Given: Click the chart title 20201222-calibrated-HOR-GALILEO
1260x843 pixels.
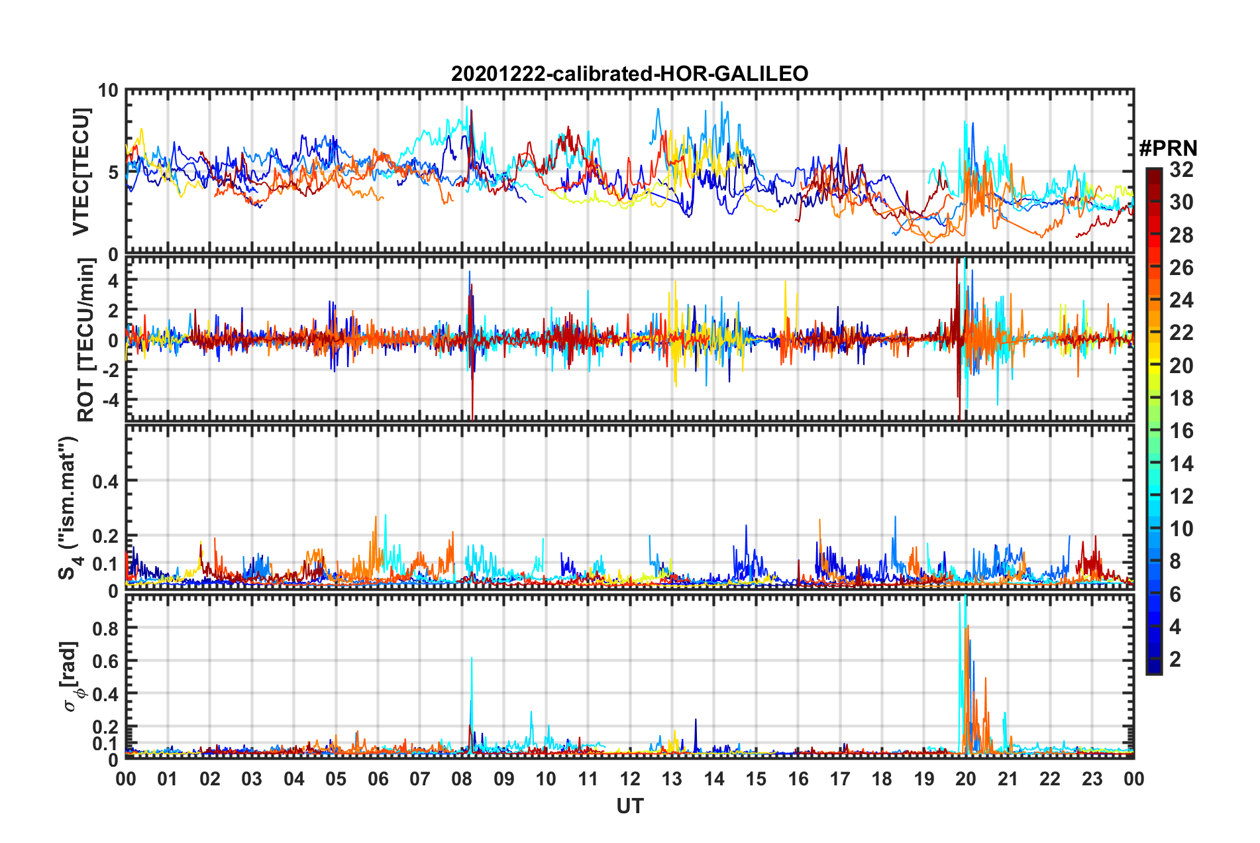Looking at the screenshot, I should click(x=629, y=74).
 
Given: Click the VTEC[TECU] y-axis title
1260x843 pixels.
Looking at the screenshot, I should click(x=81, y=172).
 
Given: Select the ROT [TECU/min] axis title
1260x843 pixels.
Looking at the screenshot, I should click(x=86, y=340).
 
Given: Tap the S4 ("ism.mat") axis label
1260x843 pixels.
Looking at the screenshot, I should click(x=69, y=508).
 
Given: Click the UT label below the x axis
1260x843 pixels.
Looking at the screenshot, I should click(x=629, y=806).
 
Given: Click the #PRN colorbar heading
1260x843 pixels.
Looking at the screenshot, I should click(x=1168, y=148).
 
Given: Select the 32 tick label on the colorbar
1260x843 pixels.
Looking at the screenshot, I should click(x=1181, y=170).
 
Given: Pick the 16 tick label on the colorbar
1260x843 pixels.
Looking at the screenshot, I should click(x=1181, y=431).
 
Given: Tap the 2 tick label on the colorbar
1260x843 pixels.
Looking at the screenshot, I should click(x=1175, y=659).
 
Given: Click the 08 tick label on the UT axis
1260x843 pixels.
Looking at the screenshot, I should click(x=462, y=779).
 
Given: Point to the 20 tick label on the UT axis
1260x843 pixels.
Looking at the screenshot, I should click(x=965, y=779).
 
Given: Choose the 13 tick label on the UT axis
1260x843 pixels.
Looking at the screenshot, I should click(x=672, y=779).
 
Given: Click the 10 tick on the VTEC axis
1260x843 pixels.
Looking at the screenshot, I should click(x=108, y=91).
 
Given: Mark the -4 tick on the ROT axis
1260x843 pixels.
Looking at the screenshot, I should click(x=108, y=400).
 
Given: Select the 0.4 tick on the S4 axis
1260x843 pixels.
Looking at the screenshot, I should click(x=105, y=481).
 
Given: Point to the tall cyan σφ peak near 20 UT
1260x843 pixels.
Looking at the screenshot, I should click(x=961, y=610).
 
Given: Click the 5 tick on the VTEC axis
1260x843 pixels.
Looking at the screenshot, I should click(x=113, y=172).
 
